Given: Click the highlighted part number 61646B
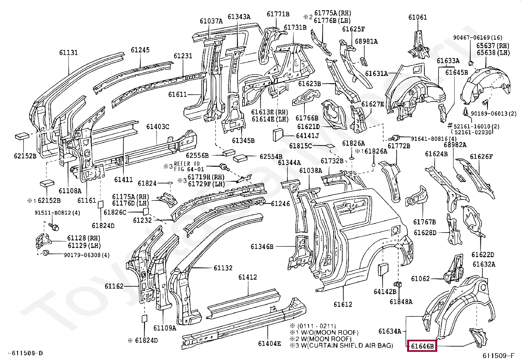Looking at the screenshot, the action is (422, 346).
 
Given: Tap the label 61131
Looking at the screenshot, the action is (68, 53).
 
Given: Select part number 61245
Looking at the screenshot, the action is (140, 50).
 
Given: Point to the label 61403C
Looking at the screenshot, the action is (158, 127).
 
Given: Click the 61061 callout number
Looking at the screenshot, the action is (418, 17).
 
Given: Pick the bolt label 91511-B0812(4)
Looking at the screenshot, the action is (57, 213).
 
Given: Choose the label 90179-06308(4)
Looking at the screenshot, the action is (87, 255).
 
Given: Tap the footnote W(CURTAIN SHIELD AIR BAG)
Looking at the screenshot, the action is (347, 345).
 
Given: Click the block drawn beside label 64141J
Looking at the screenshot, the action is (278, 135).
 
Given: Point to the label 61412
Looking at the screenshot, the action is (247, 277).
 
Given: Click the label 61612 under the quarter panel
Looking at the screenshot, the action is (343, 304).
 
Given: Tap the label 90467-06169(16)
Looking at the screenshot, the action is (478, 37).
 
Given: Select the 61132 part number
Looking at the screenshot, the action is (223, 268).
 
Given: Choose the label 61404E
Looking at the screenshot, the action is (269, 344).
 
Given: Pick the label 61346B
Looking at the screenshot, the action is (262, 246).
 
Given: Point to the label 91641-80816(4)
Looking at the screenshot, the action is (434, 139).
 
